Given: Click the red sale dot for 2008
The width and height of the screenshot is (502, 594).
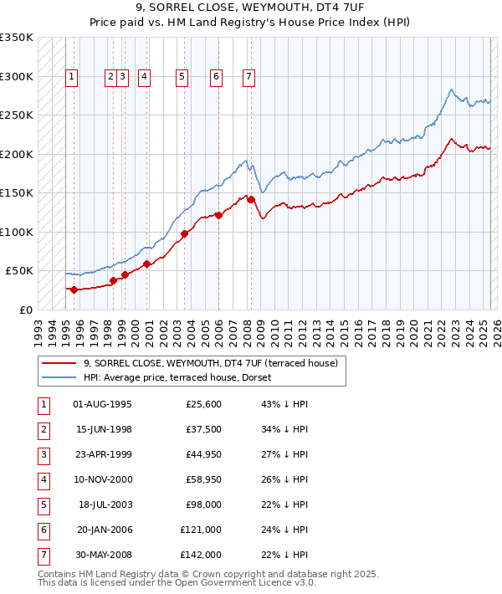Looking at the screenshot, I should [250, 199].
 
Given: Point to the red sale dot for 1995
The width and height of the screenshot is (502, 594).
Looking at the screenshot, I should [74, 289].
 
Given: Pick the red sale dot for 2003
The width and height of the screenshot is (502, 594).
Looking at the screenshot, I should [184, 233].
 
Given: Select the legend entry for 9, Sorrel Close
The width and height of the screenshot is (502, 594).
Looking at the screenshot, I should [209, 363].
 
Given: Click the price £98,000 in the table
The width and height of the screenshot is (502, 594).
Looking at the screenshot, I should [203, 504].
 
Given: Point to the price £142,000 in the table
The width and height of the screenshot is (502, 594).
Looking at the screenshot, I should [201, 555].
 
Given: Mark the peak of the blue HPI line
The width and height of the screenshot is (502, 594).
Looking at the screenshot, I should [451, 90].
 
